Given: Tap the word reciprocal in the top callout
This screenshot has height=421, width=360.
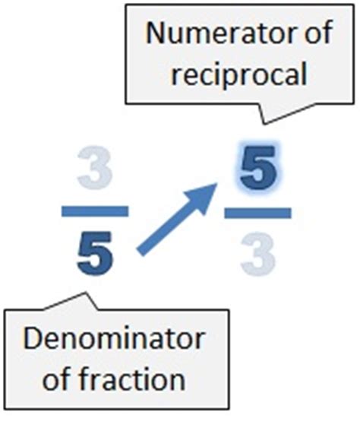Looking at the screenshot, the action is coord(238,73).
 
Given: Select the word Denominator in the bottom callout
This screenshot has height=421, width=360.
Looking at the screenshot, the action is coord(114,339).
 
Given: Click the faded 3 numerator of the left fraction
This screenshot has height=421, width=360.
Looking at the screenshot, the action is coord(94,167).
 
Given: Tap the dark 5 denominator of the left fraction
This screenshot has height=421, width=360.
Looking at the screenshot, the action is coord(95,254).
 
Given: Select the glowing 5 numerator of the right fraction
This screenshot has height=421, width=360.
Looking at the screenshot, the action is coord(257,168).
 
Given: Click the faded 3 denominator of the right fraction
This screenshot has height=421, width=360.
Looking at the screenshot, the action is coord(258,254).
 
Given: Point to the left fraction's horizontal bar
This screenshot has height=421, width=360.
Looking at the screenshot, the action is coord(95,211).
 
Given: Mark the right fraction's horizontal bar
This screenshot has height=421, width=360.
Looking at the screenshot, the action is coord(257,213).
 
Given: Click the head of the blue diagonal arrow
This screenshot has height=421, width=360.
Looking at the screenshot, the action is coord(216,184).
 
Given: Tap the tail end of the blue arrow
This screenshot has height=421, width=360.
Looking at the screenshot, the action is coord(140,252).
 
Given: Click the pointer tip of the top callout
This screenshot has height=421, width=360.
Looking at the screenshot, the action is coord(265,124).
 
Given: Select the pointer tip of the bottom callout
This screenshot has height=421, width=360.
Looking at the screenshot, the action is coord(85,292).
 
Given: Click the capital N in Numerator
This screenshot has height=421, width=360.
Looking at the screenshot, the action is coord(157,33).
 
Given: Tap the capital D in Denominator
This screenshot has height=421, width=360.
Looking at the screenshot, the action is coord(33,339).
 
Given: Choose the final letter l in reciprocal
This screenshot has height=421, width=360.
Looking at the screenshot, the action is coord(304,72).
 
